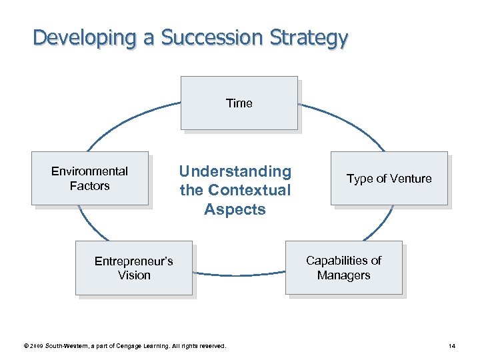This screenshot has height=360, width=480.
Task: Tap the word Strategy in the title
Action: (x=309, y=37)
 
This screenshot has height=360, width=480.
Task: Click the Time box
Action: (x=239, y=103)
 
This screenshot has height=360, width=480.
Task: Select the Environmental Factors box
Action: (x=89, y=178)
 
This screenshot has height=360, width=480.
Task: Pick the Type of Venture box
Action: (x=389, y=178)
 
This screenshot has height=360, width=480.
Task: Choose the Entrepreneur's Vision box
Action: (x=133, y=267)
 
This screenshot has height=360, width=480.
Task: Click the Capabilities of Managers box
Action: (x=343, y=267)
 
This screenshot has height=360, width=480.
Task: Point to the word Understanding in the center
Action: (x=235, y=172)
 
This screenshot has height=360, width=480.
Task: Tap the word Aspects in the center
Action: (x=235, y=209)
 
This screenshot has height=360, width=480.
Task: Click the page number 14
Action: (x=452, y=346)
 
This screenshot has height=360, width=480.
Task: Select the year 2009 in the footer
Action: (x=35, y=346)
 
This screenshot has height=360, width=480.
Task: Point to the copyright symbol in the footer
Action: (x=25, y=346)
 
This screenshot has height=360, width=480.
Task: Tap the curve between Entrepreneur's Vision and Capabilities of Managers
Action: (x=239, y=274)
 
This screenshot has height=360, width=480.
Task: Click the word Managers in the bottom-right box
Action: (x=343, y=275)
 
